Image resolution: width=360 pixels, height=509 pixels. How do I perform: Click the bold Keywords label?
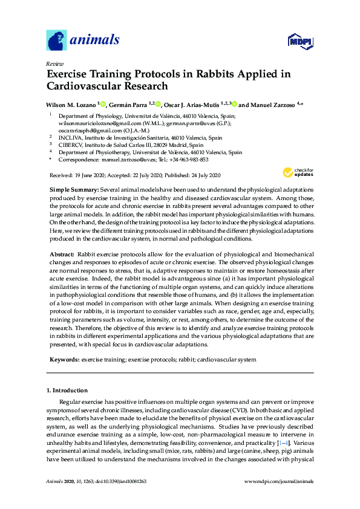click(64, 359)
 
